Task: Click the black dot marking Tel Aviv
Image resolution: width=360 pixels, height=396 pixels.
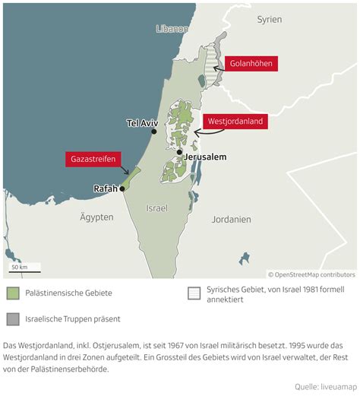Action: [x=154, y=131]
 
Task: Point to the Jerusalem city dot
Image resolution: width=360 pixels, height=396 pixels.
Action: [x=179, y=153]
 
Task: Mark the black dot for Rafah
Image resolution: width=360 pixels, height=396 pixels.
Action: [x=122, y=188]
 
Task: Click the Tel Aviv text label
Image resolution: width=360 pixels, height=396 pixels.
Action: [x=143, y=122]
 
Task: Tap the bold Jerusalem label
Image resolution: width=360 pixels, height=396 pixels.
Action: [x=206, y=157]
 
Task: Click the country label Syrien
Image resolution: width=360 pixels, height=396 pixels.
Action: [x=269, y=19]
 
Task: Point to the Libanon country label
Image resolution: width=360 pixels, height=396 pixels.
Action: [x=171, y=29]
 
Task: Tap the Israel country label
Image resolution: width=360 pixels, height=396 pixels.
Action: [x=156, y=208]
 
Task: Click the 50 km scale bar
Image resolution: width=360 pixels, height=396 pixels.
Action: [x=25, y=271]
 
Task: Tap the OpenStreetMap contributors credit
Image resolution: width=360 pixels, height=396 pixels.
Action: [x=311, y=274]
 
